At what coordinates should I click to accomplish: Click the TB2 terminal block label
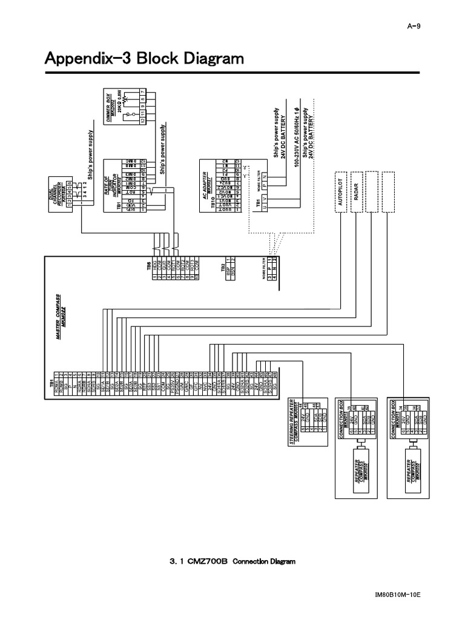tap(223, 267)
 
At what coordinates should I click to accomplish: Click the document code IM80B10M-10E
tap(397, 594)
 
